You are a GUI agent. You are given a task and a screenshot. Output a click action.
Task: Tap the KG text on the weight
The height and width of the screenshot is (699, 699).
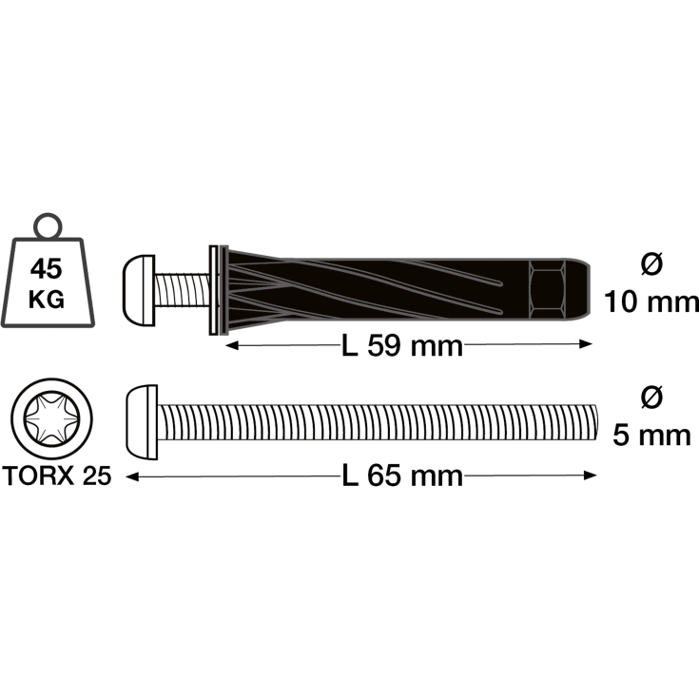tap(48, 300)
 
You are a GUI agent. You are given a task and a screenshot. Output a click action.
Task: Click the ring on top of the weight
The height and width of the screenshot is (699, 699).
tap(48, 225)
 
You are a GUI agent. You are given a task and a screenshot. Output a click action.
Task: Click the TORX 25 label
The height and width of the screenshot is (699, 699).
tap(56, 476)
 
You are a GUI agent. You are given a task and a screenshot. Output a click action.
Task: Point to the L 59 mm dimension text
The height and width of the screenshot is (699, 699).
tap(402, 346)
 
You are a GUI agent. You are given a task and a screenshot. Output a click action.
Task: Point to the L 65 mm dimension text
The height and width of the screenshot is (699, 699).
tap(402, 475)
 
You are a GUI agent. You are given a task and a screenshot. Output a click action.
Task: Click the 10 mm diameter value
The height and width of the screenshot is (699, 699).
tap(651, 302)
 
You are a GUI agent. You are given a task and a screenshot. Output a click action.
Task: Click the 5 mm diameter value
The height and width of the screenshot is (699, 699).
tap(651, 436)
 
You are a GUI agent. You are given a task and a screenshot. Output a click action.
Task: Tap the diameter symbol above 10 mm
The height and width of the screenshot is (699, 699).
tap(651, 265)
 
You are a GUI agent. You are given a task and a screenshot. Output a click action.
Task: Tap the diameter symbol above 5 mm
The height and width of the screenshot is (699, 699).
tap(651, 398)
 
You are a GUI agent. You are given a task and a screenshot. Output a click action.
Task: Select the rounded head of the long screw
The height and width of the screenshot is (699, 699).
tap(142, 421)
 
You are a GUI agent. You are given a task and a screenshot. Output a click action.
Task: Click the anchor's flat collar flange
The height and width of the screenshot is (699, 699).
tap(212, 289)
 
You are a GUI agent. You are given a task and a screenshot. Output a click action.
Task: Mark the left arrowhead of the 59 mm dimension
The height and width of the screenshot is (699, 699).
tap(228, 347)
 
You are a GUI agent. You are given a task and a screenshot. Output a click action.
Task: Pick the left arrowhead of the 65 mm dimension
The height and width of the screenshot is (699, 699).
tap(130, 476)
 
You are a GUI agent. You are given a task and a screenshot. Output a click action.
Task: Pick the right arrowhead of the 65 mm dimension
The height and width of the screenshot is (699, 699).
tap(594, 476)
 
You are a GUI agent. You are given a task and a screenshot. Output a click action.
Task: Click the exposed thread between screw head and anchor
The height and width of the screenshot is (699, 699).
tap(180, 289)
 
